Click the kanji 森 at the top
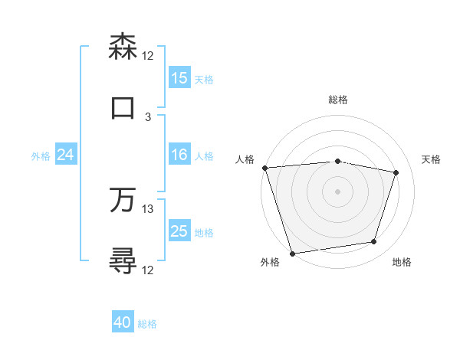click(x=123, y=47)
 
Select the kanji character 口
click(x=123, y=108)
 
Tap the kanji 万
click(x=123, y=200)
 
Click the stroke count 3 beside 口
click(x=148, y=117)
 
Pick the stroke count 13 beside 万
click(x=148, y=208)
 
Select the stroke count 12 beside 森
click(x=148, y=56)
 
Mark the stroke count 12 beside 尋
click(x=148, y=270)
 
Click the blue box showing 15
click(x=179, y=78)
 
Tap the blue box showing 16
click(x=179, y=155)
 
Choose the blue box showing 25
click(x=179, y=231)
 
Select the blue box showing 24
click(x=66, y=155)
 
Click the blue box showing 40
click(x=123, y=323)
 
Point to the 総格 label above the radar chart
click(x=338, y=100)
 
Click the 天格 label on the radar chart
click(x=431, y=159)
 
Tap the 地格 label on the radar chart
click(x=402, y=262)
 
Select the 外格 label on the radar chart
click(x=270, y=262)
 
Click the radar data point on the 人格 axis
click(x=264, y=168)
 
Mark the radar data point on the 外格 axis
click(x=292, y=253)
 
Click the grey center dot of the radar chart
click(x=337, y=191)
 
